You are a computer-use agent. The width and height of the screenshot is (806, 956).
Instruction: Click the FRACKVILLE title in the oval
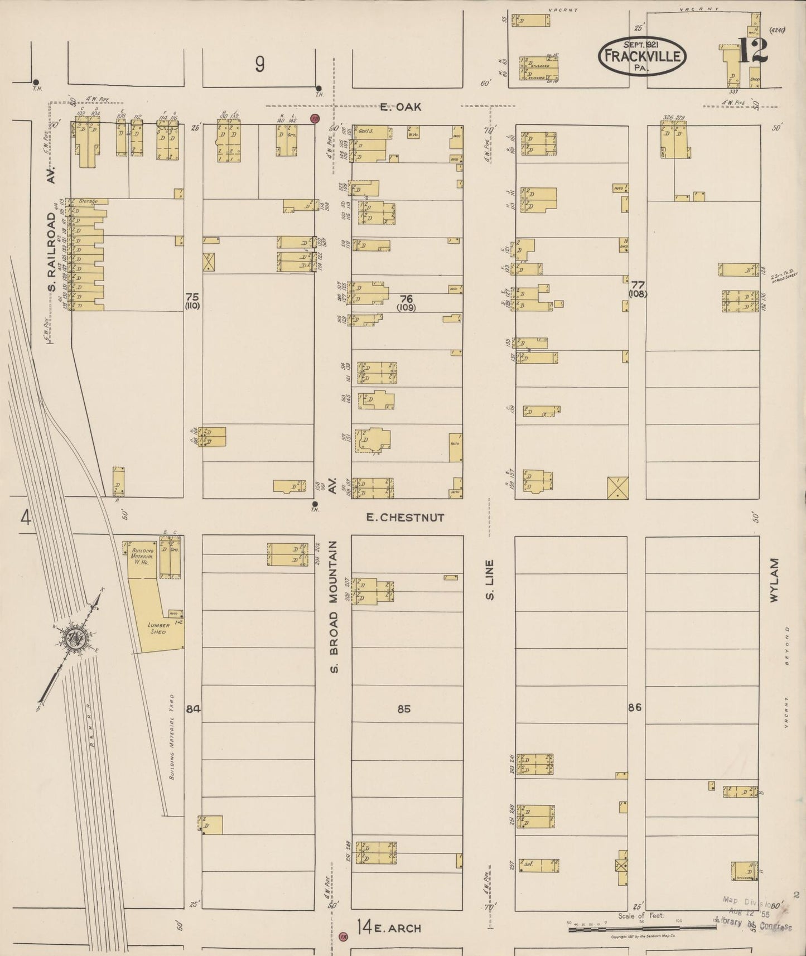pos(642,56)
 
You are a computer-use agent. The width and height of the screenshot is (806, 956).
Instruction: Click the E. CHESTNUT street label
pos(405,518)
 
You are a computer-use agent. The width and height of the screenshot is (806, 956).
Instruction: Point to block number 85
pos(404,709)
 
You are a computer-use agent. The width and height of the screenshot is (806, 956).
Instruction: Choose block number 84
pos(193,709)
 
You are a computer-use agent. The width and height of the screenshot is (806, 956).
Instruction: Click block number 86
pos(634,708)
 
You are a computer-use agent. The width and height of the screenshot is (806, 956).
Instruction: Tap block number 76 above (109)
pos(406,297)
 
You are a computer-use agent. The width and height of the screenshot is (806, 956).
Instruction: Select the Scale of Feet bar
pos(641,928)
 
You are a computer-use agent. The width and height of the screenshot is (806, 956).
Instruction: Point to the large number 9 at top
pos(259,65)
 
